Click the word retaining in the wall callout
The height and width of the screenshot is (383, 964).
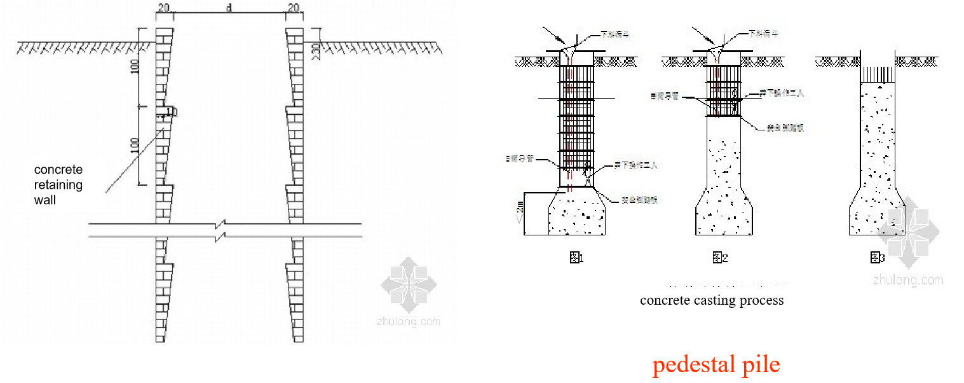point(58,185)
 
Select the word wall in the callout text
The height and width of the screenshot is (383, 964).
point(45,200)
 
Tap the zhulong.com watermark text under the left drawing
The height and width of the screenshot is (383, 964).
point(408,321)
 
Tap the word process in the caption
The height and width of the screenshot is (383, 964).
point(763,300)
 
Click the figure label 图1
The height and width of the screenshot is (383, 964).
point(576,258)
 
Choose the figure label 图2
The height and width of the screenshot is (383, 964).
point(719,258)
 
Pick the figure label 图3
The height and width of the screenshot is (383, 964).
point(877,258)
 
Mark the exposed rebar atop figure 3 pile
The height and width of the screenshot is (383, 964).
point(877,73)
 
